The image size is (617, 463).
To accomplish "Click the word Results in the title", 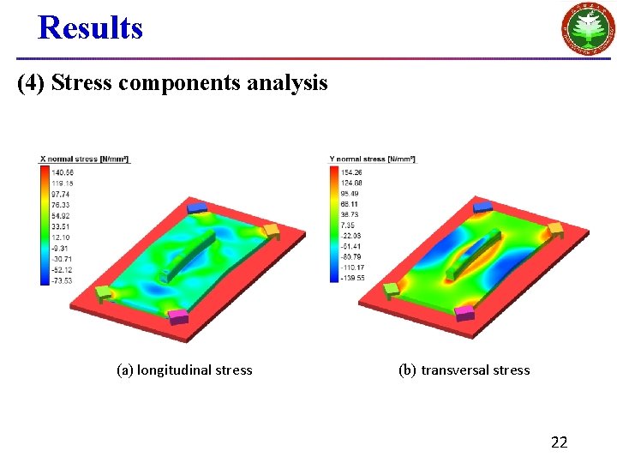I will point(90,27).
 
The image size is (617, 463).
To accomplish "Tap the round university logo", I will point(587,28).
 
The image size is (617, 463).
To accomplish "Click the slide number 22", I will point(559,442).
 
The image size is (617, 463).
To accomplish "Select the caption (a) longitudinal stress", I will point(184,370).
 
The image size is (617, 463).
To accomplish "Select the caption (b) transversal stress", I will point(464,370).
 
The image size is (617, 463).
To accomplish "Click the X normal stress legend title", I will point(84,159).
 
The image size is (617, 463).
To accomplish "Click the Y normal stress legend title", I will point(372,159).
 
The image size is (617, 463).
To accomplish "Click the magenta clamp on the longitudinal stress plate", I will point(178,317).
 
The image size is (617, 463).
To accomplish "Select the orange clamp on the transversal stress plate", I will point(555,230).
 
